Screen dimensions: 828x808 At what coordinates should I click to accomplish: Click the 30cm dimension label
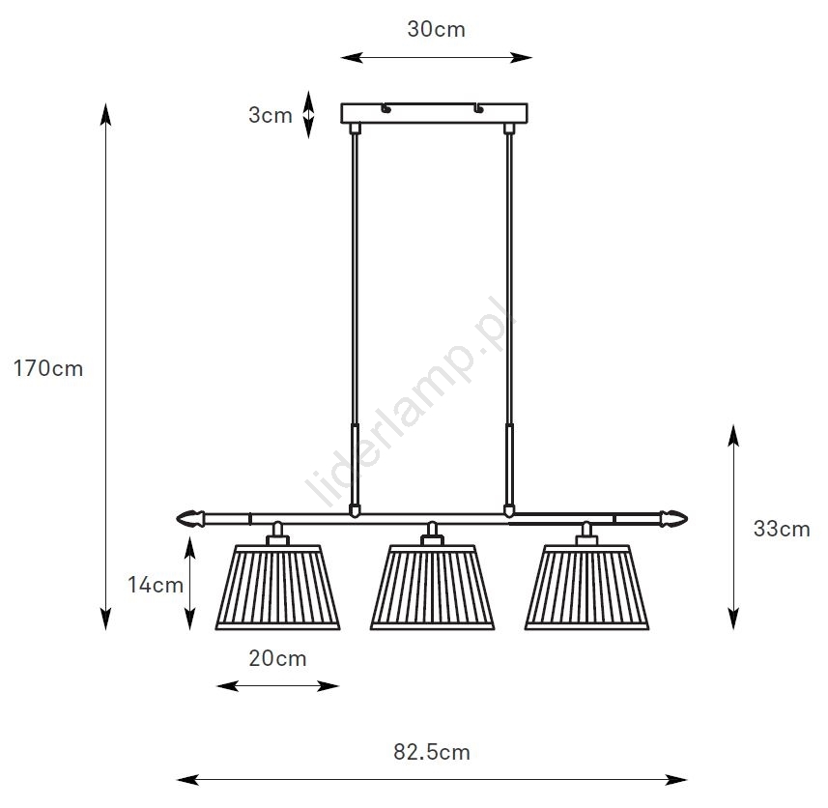click(x=436, y=29)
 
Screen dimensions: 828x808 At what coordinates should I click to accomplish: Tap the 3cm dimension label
click(x=271, y=115)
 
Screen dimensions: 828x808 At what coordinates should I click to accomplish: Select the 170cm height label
click(x=48, y=368)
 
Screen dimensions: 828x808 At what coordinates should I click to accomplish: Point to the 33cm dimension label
click(x=782, y=529)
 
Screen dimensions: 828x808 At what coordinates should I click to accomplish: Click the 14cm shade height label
click(x=156, y=585)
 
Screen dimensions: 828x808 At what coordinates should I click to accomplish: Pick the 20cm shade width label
click(x=277, y=658)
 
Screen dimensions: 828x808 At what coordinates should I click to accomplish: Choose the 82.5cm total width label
click(x=432, y=752)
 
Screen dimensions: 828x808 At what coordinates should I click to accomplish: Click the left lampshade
click(x=277, y=588)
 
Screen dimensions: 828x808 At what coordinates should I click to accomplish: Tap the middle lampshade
click(x=433, y=588)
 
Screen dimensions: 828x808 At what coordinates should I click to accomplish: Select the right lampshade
click(x=586, y=588)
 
